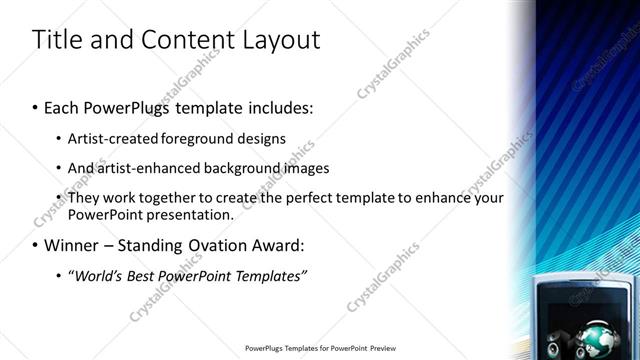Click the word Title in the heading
coord(56,40)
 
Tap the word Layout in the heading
coord(281,40)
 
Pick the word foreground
coord(213,138)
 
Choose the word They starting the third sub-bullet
coord(85,198)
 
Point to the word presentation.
coord(188,214)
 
